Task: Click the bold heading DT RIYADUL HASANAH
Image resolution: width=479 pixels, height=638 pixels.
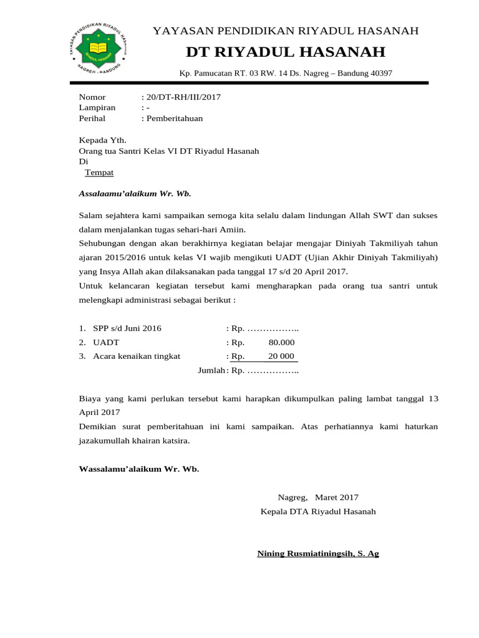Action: pyautogui.click(x=286, y=52)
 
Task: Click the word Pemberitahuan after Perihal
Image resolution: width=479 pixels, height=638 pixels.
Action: pyautogui.click(x=175, y=118)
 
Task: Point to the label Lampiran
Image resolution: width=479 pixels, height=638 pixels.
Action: pyautogui.click(x=97, y=108)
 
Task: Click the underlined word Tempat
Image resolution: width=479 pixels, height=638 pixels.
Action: pyautogui.click(x=99, y=173)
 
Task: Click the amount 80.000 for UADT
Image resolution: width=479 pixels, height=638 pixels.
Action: pyautogui.click(x=281, y=343)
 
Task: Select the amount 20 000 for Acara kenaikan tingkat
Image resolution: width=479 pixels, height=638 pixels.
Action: pyautogui.click(x=281, y=356)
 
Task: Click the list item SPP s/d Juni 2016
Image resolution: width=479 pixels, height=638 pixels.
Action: pyautogui.click(x=127, y=328)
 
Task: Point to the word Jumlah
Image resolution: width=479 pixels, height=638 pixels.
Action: pyautogui.click(x=211, y=371)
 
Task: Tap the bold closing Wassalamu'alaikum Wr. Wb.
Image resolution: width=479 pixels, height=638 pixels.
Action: pyautogui.click(x=139, y=469)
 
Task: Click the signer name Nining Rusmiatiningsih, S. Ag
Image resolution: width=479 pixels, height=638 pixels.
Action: pyautogui.click(x=318, y=553)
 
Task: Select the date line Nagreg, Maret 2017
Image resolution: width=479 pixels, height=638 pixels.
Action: pyautogui.click(x=318, y=497)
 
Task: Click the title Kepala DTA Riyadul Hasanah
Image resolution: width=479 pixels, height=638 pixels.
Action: pyautogui.click(x=318, y=512)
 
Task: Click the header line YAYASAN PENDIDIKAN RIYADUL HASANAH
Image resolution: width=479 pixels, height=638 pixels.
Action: pyautogui.click(x=286, y=31)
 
